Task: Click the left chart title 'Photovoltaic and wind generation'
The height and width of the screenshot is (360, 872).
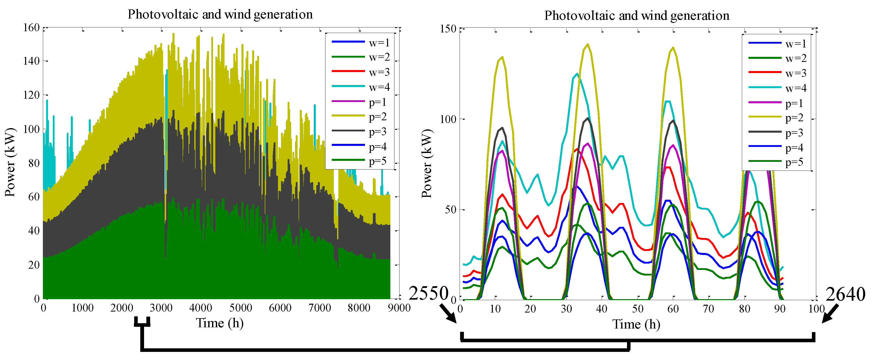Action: coord(220,14)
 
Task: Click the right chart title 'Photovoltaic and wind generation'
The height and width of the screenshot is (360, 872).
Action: coord(636,15)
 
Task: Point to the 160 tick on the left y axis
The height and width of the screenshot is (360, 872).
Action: coord(31,28)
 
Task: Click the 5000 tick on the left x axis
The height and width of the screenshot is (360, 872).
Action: coord(240,308)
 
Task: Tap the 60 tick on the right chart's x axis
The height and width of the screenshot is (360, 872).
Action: coord(673,309)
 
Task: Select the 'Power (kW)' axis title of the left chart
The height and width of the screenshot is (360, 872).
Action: coord(10,163)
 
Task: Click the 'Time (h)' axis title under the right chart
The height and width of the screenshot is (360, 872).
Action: coord(636,324)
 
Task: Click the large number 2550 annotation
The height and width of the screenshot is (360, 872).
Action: coord(428,293)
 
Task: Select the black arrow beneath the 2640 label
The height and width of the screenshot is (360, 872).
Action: coord(830,314)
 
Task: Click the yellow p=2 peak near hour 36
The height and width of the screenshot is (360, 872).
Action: coord(588,44)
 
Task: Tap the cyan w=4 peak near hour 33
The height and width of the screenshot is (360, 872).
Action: coord(577,74)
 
